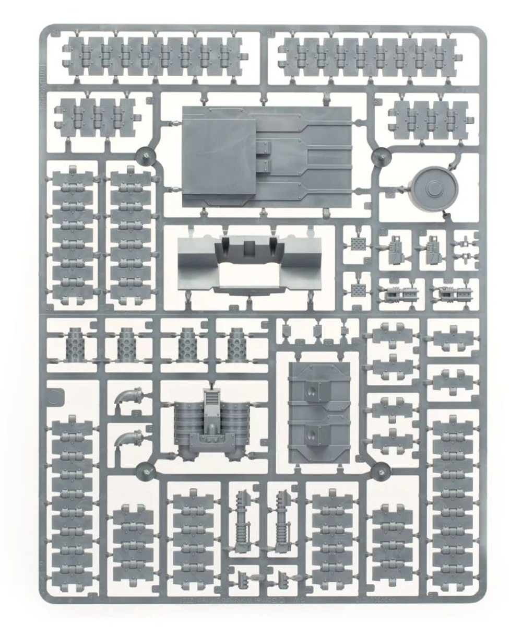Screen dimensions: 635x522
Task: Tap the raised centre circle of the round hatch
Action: [x=434, y=187]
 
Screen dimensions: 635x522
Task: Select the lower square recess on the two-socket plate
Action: [x=312, y=433]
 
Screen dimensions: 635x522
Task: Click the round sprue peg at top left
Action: [x=145, y=155]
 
